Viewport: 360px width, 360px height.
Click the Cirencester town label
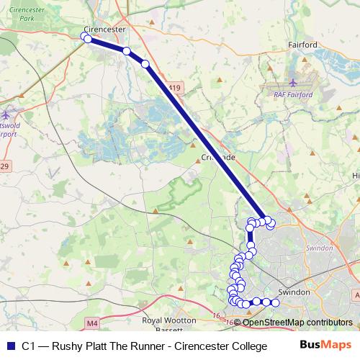pos(104,30)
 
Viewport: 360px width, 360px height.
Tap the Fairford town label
pos(302,45)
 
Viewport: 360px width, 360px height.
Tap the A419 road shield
pos(174,87)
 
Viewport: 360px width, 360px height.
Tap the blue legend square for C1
pos(10,346)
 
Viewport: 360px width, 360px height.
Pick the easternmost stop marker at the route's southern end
pos(275,302)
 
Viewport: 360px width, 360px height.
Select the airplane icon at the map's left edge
pos(6,114)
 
